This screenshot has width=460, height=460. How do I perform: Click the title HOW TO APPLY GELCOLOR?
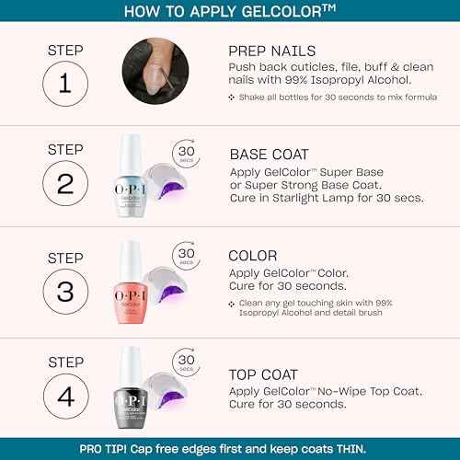(x=229, y=12)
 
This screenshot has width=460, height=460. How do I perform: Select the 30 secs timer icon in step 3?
(x=187, y=255)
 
